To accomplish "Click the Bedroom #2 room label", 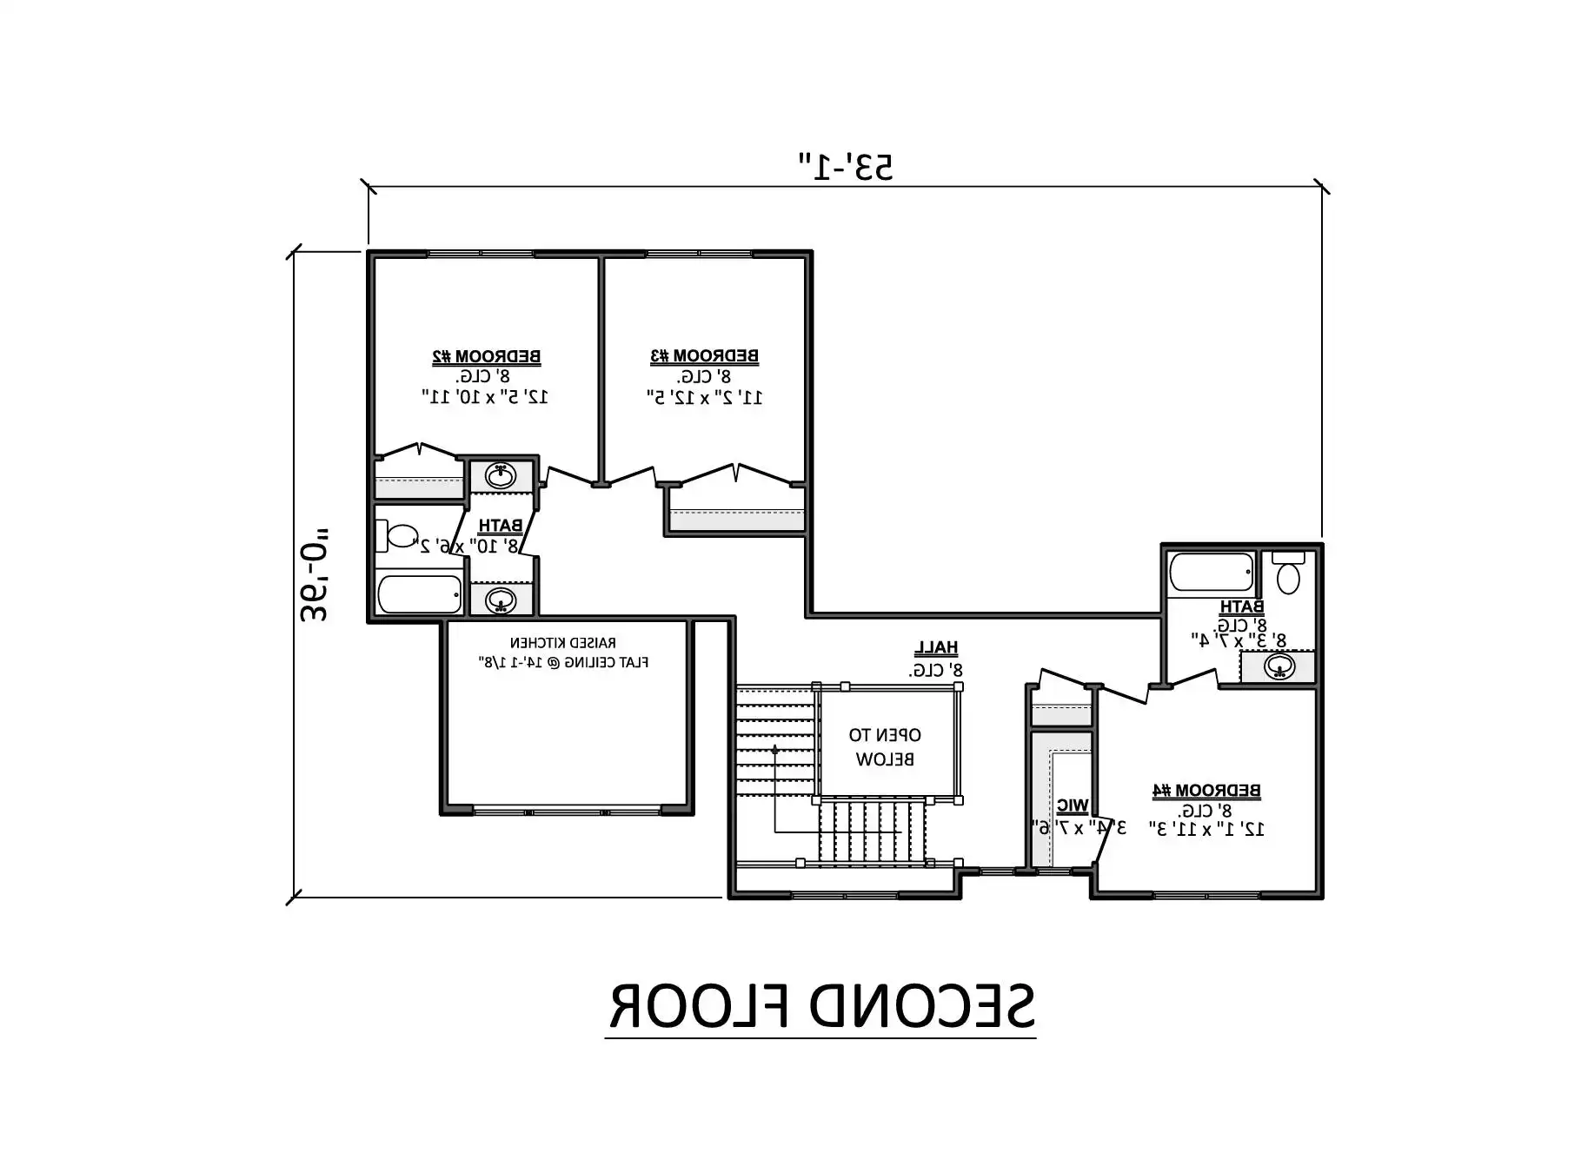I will click(487, 356).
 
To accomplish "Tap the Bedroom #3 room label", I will click(704, 355).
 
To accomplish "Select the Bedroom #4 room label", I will click(1206, 790).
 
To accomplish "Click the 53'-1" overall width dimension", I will click(846, 166).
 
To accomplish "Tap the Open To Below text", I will click(885, 746).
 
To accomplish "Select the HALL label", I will click(936, 647).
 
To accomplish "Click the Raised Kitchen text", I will click(563, 643).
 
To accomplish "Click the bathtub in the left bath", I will click(420, 594).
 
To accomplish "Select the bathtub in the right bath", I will click(1212, 573).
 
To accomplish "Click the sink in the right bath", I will click(1278, 667).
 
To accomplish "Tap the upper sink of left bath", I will click(501, 476).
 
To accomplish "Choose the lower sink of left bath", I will click(501, 600).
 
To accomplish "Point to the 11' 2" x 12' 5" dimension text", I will click(705, 397).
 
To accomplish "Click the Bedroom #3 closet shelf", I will click(737, 520).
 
